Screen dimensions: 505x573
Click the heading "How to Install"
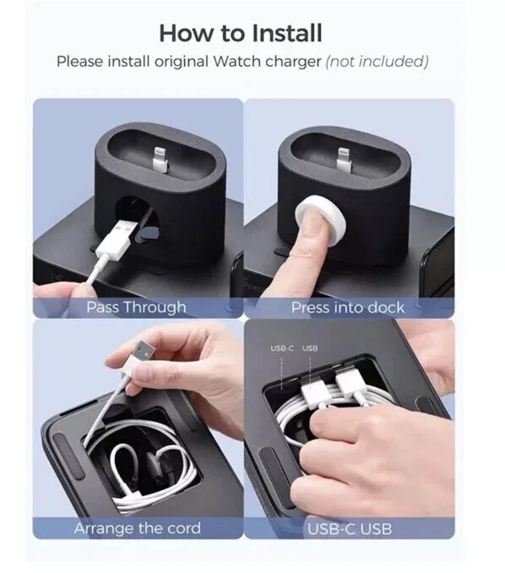tap(241, 33)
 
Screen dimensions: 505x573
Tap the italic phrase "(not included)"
tap(377, 62)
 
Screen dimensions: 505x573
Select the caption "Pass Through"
tap(137, 307)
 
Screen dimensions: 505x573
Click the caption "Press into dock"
tap(348, 308)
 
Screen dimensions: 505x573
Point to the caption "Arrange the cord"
tap(138, 528)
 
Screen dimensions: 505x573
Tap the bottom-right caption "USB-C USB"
tap(350, 529)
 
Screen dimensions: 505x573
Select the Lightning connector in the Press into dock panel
tap(344, 159)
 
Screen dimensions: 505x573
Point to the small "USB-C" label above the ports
tap(282, 349)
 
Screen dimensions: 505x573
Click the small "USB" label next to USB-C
tap(310, 349)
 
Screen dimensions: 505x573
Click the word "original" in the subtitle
tap(182, 62)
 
